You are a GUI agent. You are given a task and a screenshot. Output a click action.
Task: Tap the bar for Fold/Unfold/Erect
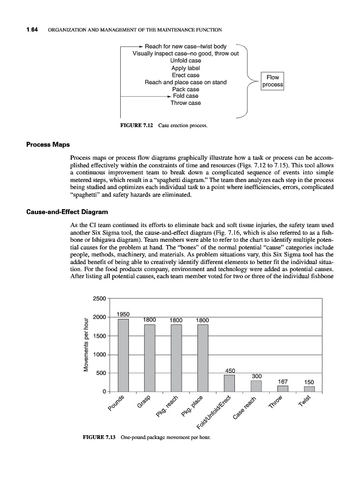pos(229,383)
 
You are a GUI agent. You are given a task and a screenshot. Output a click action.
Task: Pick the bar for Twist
pos(309,388)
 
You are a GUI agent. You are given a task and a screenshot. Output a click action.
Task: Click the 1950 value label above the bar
pos(123,314)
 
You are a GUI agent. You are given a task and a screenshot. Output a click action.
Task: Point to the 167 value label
pos(283,381)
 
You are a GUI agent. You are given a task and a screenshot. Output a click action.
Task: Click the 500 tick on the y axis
pos(101,373)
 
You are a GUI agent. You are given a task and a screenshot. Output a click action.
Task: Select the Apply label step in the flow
pos(185,68)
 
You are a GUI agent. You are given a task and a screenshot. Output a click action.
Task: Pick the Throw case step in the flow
pos(185,103)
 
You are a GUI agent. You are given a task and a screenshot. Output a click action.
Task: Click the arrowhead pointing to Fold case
pos(169,96)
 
